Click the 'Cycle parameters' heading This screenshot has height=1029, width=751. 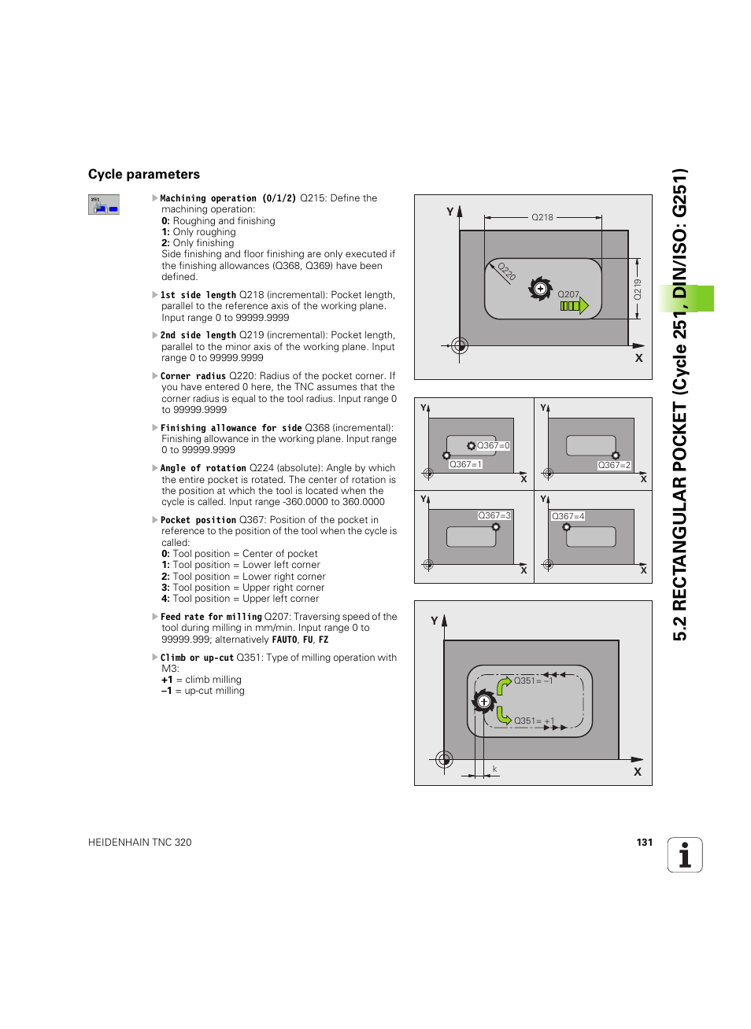(x=144, y=175)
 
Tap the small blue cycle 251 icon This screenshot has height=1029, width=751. (x=103, y=205)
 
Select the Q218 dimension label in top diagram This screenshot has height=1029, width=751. (x=542, y=217)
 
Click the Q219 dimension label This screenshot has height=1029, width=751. (x=638, y=289)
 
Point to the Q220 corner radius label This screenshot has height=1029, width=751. (x=506, y=272)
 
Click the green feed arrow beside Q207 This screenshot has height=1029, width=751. (x=575, y=306)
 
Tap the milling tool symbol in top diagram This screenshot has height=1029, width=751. (x=540, y=289)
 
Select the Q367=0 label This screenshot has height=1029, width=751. (x=493, y=445)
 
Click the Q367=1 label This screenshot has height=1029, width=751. (x=465, y=464)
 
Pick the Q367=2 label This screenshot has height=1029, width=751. (x=614, y=465)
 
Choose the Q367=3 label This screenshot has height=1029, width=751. (x=494, y=515)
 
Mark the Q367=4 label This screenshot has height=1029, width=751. (x=568, y=516)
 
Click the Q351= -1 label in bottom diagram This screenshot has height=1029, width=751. (x=533, y=680)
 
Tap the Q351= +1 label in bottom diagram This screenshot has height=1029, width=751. (x=534, y=721)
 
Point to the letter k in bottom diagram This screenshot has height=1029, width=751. (x=494, y=769)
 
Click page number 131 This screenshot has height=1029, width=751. (x=644, y=842)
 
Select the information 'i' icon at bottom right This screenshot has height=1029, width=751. (x=685, y=855)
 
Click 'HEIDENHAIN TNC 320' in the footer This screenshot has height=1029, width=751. (x=140, y=842)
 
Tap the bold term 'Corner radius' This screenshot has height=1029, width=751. (x=193, y=376)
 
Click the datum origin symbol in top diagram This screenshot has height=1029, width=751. (x=460, y=345)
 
